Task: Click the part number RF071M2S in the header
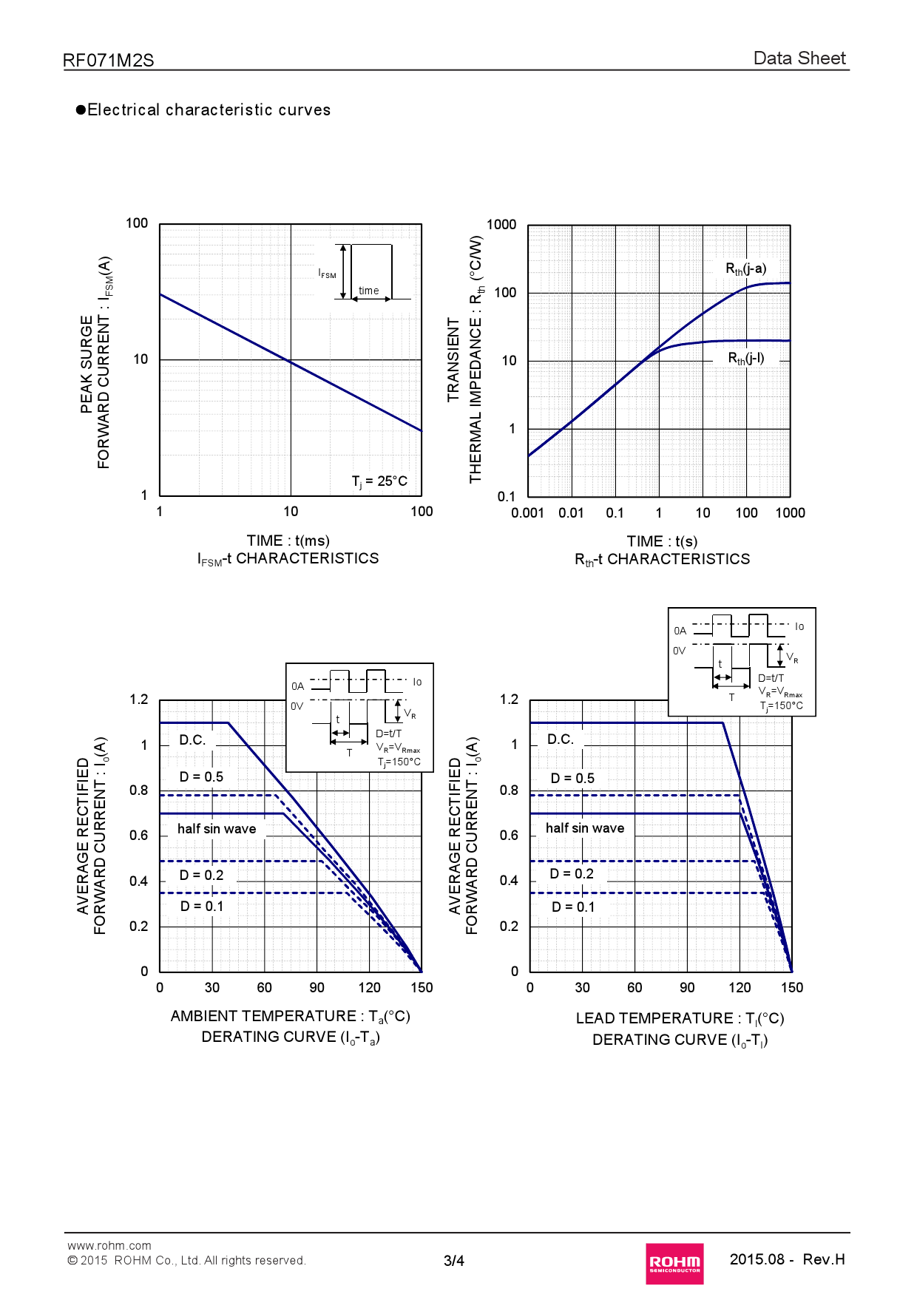(x=109, y=61)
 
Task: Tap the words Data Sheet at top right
(x=799, y=58)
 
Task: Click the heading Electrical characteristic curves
(x=209, y=110)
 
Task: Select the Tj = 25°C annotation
(x=379, y=481)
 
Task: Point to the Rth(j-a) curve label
(x=745, y=269)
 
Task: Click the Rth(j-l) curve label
(x=746, y=359)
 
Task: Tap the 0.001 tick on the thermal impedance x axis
(x=527, y=513)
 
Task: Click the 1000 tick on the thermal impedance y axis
(x=501, y=225)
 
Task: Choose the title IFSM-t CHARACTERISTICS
(x=288, y=559)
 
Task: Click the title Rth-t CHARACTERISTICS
(x=662, y=560)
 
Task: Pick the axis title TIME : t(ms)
(x=288, y=541)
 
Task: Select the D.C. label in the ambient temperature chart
(x=192, y=740)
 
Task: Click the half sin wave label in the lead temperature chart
(x=585, y=828)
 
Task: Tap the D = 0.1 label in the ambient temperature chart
(x=202, y=907)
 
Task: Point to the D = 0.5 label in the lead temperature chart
(x=572, y=779)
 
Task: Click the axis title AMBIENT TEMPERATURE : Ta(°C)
(x=290, y=1017)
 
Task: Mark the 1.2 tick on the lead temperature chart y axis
(x=509, y=700)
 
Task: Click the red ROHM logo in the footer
(x=674, y=1263)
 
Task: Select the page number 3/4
(x=454, y=1261)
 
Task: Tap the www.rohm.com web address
(x=109, y=1246)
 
